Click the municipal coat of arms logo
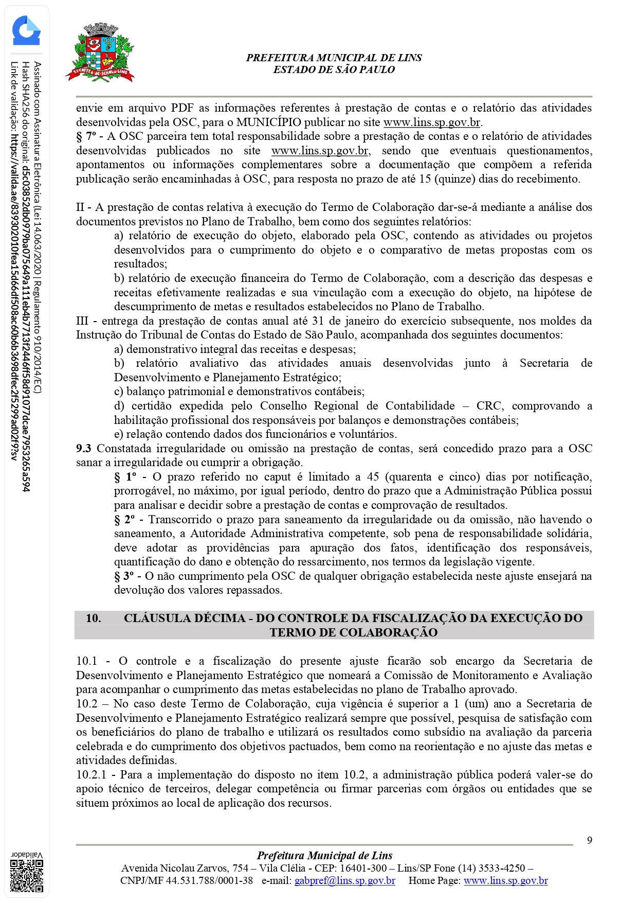pos(100,53)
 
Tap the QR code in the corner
pos(27,875)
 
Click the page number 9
pos(590,840)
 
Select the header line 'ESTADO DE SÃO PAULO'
pos(334,70)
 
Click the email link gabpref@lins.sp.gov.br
pos(344,881)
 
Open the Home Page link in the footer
pos(505,881)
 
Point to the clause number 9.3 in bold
pos(84,449)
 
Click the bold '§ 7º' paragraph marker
pos(86,136)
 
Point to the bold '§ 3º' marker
pos(123,576)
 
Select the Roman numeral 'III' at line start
pos(82,321)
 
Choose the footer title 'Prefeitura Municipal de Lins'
pos(324,856)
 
